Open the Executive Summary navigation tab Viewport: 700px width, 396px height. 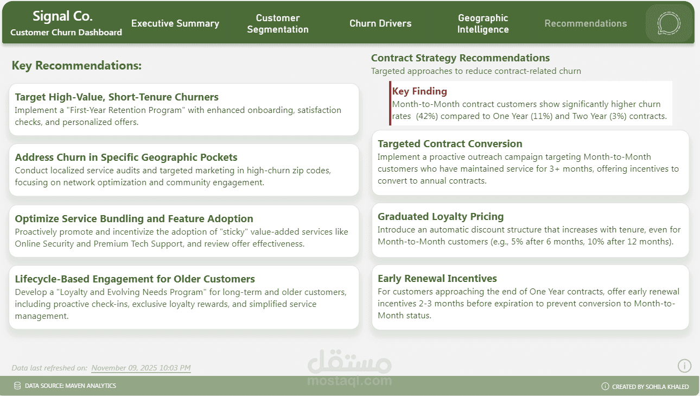(x=175, y=23)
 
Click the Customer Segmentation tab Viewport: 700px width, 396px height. (x=278, y=23)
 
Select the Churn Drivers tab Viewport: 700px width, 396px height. (x=380, y=23)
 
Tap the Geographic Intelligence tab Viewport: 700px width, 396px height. (x=483, y=23)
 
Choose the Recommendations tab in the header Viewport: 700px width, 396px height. (x=586, y=23)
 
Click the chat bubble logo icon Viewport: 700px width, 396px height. (x=669, y=23)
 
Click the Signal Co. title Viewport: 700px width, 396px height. (x=62, y=16)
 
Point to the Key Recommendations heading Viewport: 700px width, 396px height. (x=77, y=66)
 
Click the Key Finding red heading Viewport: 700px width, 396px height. (x=419, y=91)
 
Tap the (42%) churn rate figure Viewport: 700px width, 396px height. (x=427, y=116)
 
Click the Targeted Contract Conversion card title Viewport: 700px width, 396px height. (x=450, y=143)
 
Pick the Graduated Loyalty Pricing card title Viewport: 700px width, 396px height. (x=441, y=216)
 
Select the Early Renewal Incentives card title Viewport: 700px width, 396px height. (x=437, y=278)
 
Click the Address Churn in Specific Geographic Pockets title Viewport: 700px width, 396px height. (x=126, y=157)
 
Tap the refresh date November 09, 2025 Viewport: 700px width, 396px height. (x=141, y=368)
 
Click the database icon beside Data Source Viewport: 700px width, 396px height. (x=17, y=386)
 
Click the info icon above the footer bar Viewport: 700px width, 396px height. (x=684, y=366)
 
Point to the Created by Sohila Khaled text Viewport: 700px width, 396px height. (x=650, y=387)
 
